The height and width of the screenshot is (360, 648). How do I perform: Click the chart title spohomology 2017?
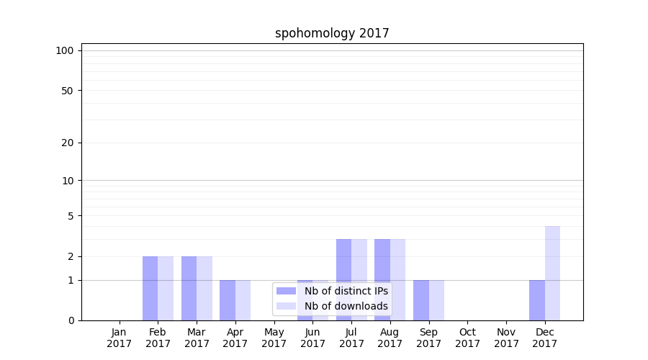point(332,33)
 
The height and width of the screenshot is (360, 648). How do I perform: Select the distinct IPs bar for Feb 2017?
point(150,288)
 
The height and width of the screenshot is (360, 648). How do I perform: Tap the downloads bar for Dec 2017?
point(552,273)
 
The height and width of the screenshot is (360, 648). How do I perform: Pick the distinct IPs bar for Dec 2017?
point(537,300)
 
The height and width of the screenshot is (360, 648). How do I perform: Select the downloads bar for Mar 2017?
point(204,288)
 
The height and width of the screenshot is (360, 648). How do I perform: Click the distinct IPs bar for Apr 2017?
point(228,300)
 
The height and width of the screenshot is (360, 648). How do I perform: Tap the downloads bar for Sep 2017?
point(436,300)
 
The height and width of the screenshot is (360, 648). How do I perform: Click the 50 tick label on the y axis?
point(68,91)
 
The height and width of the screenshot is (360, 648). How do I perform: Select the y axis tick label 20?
point(68,143)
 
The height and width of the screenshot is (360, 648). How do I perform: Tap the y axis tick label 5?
point(71,216)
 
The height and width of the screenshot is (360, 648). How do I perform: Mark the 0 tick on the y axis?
point(71,320)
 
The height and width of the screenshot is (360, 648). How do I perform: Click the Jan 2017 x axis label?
point(120,338)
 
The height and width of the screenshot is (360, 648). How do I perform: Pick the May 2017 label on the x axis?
point(274,338)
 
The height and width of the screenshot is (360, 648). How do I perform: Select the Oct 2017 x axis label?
point(467,338)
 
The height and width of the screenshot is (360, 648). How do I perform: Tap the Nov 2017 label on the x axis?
point(506,338)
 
